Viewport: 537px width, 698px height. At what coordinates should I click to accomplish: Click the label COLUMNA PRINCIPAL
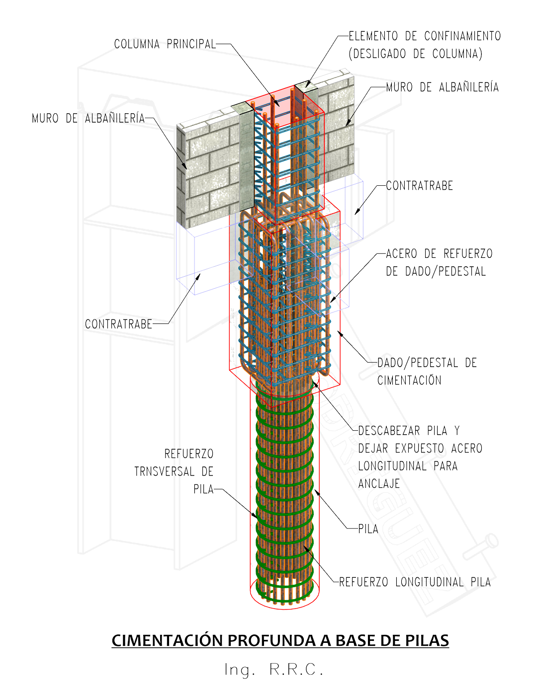165,44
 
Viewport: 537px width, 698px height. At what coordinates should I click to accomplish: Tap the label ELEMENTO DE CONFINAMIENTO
424,36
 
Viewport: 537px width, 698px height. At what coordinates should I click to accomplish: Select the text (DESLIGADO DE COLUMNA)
415,54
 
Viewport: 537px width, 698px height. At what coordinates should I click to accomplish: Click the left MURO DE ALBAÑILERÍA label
88,118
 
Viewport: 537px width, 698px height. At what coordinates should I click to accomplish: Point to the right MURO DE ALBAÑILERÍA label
442,87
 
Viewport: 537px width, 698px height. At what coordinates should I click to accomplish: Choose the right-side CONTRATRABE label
419,186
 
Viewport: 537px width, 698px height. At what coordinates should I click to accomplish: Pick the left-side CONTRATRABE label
118,324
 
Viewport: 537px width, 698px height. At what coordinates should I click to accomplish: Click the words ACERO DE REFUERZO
439,254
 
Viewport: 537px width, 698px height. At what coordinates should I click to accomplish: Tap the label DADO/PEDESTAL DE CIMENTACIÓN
427,371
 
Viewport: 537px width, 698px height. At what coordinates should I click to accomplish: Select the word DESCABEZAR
389,431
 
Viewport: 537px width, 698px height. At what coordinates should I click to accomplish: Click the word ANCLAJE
379,483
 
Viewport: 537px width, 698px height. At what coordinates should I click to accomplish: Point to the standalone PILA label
368,529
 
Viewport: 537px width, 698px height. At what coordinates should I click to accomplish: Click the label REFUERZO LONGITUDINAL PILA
415,582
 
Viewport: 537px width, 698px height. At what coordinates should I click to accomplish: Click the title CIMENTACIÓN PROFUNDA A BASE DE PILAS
280,640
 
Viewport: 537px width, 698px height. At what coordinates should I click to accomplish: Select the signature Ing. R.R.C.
274,669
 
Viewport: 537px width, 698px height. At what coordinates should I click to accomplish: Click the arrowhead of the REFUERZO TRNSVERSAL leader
258,517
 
